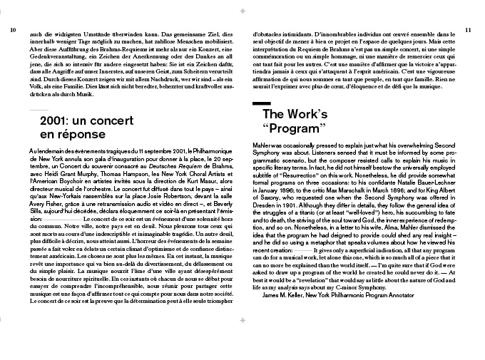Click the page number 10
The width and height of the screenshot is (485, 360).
click(13, 30)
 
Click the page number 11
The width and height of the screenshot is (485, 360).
click(467, 30)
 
